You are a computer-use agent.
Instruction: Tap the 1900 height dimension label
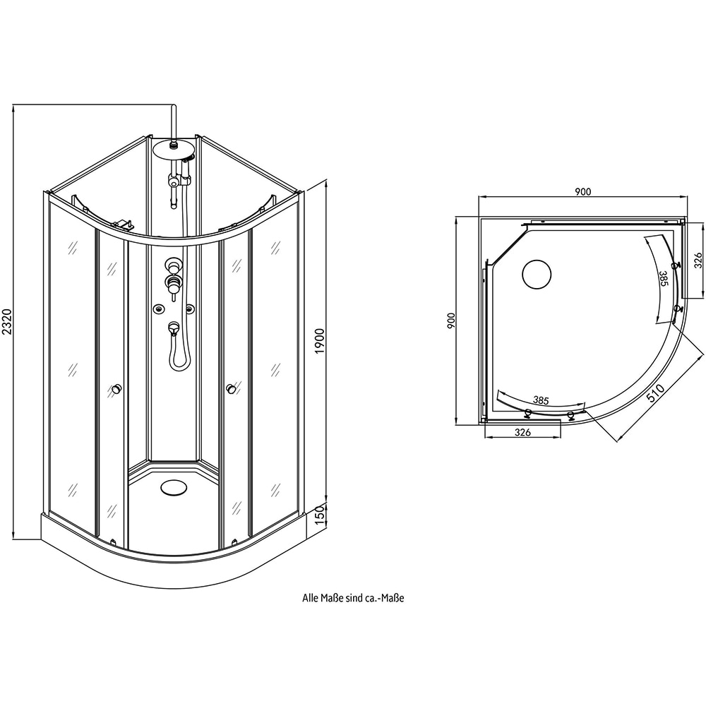320,341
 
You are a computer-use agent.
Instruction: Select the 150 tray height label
320,515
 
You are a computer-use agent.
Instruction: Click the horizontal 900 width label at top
582,192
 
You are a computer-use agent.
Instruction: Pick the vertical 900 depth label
452,321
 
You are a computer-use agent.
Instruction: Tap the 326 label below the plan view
522,433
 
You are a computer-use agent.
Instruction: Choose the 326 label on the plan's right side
698,261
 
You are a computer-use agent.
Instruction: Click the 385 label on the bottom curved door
541,400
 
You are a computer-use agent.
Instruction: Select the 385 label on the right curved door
663,278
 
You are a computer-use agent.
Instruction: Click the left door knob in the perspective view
117,388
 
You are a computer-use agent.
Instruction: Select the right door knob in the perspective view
231,388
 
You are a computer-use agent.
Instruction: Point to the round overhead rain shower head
174,149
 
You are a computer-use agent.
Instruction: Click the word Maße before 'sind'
331,598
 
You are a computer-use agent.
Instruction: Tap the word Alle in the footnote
310,598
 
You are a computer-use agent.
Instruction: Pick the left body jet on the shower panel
157,309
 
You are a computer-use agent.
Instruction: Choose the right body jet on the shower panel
190,309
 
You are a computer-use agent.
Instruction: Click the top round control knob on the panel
172,263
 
